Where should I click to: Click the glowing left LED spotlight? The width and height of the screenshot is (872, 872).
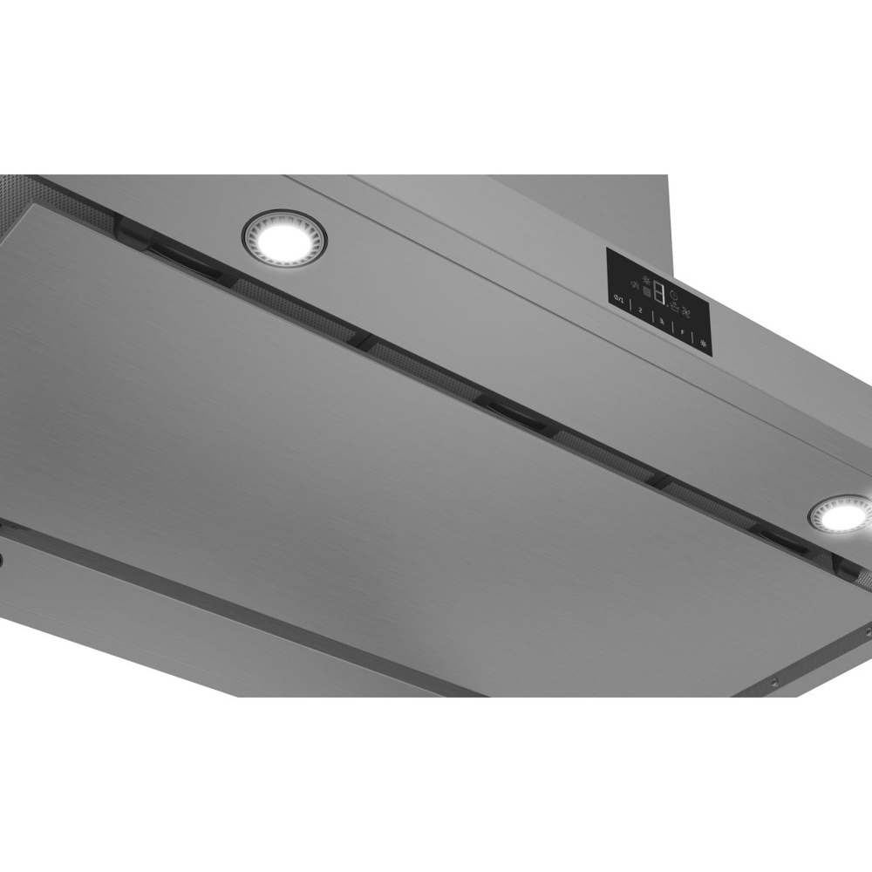click(284, 235)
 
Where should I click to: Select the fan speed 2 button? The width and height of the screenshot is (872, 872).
click(640, 310)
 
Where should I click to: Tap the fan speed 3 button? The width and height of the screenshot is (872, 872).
click(662, 320)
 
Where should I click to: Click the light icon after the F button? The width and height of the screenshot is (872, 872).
click(703, 343)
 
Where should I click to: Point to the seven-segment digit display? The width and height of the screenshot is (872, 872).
click(659, 294)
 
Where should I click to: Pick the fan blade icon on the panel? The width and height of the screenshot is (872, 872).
click(685, 312)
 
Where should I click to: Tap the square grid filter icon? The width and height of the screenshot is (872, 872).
click(646, 293)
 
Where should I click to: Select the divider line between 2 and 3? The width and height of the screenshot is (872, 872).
click(651, 316)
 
